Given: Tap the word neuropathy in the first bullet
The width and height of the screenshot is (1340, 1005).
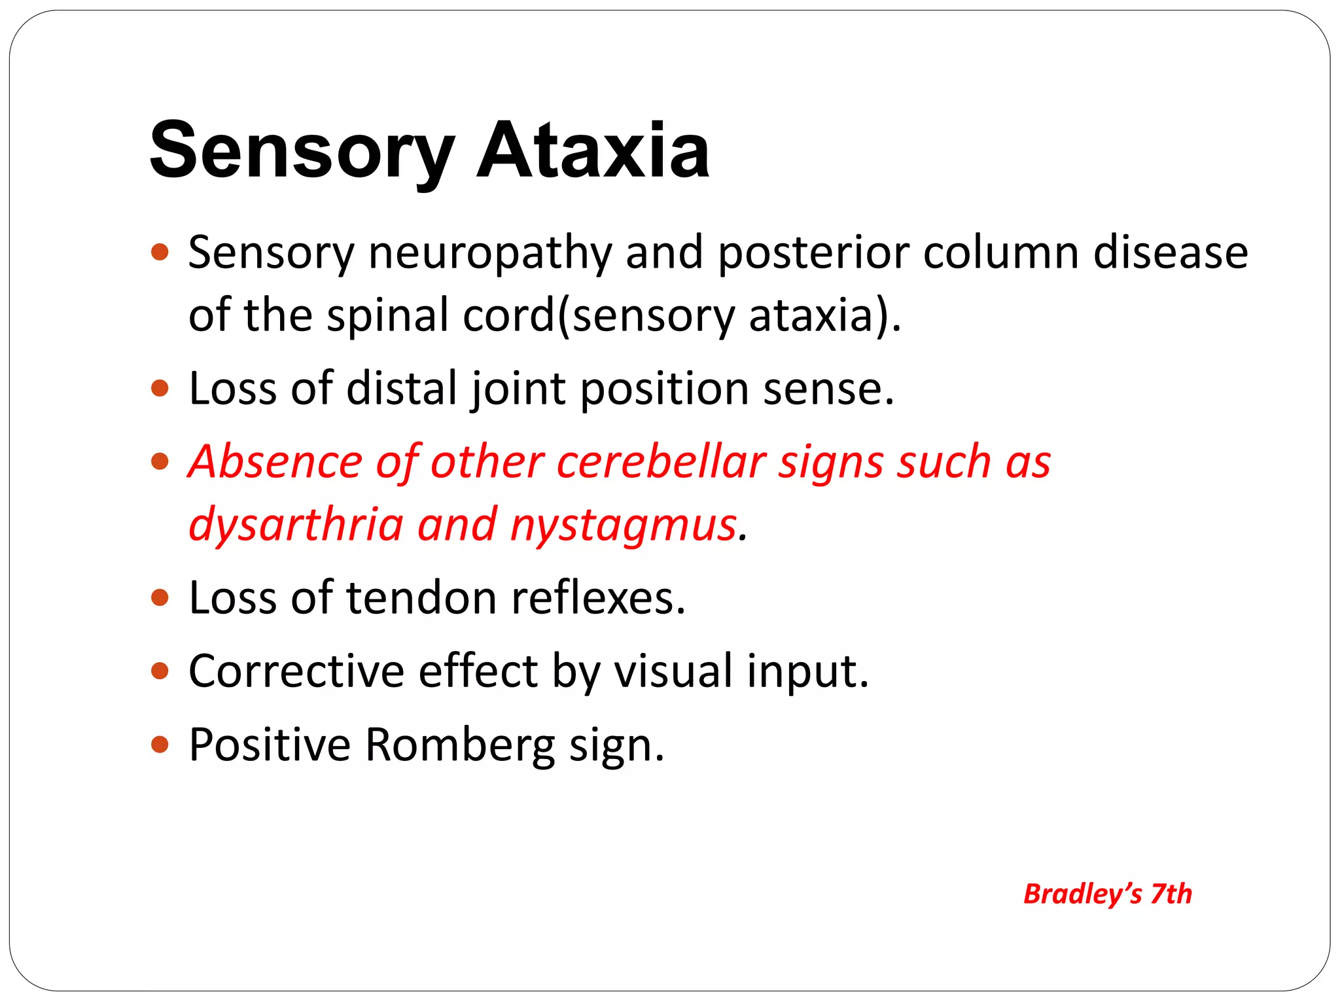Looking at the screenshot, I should point(490,253).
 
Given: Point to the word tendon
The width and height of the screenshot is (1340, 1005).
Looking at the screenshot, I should point(421,598).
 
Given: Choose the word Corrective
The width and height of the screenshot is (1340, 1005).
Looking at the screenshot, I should point(296,671).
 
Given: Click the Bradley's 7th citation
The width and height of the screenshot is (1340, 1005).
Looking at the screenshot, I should point(1107,894).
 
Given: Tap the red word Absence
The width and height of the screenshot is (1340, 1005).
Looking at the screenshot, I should point(275,462).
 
